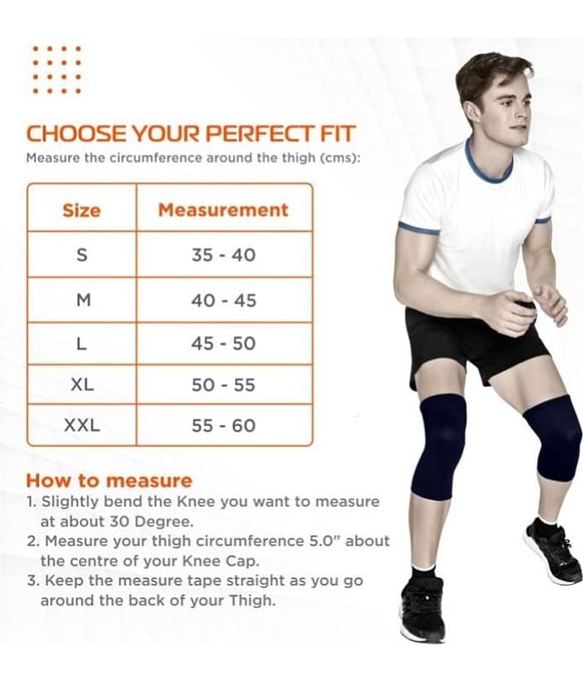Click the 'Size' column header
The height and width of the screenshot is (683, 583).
click(81, 210)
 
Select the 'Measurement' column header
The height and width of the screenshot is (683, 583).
click(223, 210)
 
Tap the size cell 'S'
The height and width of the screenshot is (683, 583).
click(82, 254)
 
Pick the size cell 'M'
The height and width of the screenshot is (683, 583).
click(83, 301)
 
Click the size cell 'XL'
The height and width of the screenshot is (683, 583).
click(82, 385)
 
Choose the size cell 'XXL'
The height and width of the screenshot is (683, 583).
click(82, 425)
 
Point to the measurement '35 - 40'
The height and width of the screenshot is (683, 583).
click(224, 254)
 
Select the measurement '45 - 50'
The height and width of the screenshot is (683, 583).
click(224, 344)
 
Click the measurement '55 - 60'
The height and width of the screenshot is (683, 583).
click(224, 425)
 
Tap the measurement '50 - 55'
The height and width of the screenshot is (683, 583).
click(224, 385)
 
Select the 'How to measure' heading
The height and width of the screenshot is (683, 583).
click(109, 481)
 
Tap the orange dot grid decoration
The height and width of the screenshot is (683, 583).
click(57, 70)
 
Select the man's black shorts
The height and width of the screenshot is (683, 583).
click(475, 344)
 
